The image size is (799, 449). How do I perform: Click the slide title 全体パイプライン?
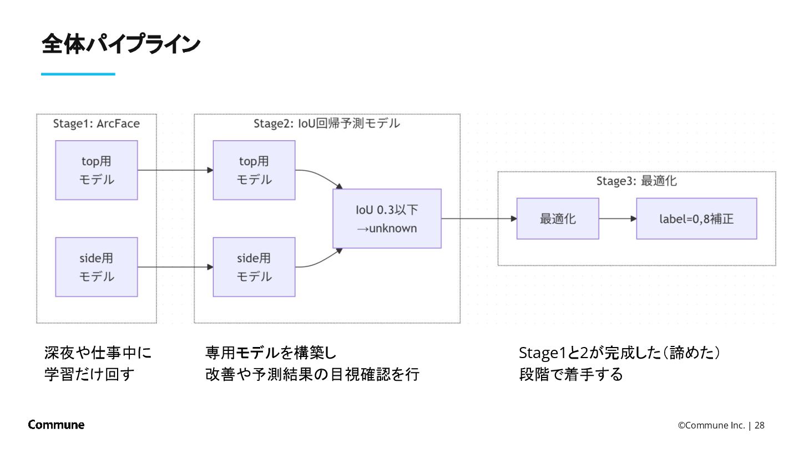click(120, 44)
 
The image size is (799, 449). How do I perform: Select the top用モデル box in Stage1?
click(97, 170)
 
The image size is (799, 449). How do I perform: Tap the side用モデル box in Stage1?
click(97, 267)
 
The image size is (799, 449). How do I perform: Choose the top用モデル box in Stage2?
click(254, 170)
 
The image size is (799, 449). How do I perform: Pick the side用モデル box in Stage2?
click(254, 267)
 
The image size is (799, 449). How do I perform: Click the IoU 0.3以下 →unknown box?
click(387, 218)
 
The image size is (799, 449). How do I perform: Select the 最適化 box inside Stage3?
click(558, 218)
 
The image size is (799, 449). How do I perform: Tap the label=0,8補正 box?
click(696, 218)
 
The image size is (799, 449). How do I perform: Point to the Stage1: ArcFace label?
click(97, 123)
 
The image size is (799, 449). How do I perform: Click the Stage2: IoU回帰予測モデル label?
click(327, 123)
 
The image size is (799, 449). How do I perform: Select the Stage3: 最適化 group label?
click(636, 181)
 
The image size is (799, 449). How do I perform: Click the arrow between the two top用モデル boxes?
click(175, 170)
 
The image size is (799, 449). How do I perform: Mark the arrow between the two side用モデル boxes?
click(175, 267)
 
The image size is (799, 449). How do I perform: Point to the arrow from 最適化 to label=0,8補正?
click(618, 218)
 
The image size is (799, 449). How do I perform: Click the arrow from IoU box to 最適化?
click(479, 218)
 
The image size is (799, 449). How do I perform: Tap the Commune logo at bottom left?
click(56, 425)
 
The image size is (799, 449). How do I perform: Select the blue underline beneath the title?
click(78, 74)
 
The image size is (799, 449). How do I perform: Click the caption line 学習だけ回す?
click(89, 375)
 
